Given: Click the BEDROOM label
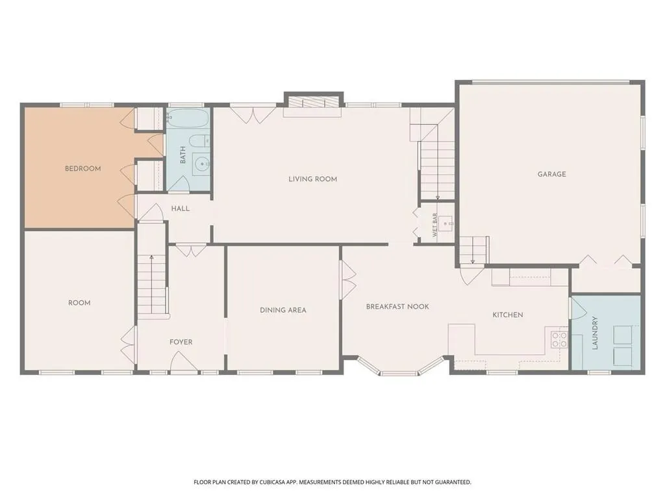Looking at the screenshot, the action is coord(82,168).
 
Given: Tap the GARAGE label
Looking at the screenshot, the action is coord(552,174).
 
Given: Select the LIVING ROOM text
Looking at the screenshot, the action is coord(312,179).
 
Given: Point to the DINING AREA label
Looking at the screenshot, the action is coord(283,310).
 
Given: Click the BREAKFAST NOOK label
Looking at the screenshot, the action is coord(397,307).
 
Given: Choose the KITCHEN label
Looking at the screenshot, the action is coord(508,315).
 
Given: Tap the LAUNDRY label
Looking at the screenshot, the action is coord(595,333).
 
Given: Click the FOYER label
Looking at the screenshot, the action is coord(181,342).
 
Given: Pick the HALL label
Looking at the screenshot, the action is coord(181,209).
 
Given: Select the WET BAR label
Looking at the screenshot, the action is coord(434,225).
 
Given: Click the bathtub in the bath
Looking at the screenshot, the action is coord(187,118).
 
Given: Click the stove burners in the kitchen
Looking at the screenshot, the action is coord(559,339).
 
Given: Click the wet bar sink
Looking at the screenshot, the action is coord(446,223).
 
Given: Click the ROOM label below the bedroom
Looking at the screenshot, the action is coord(79,303).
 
